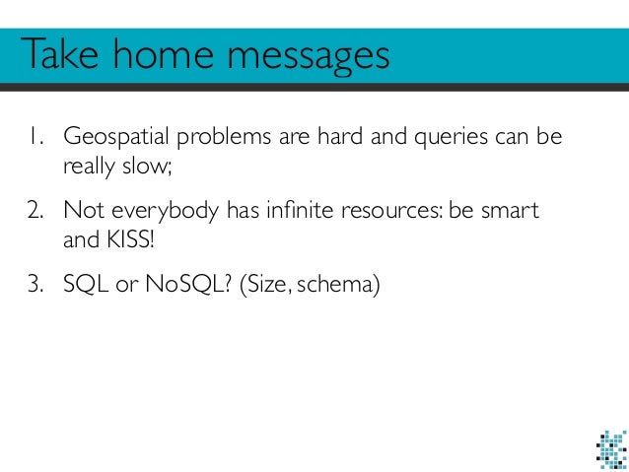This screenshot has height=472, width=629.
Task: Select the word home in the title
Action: (169, 56)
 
